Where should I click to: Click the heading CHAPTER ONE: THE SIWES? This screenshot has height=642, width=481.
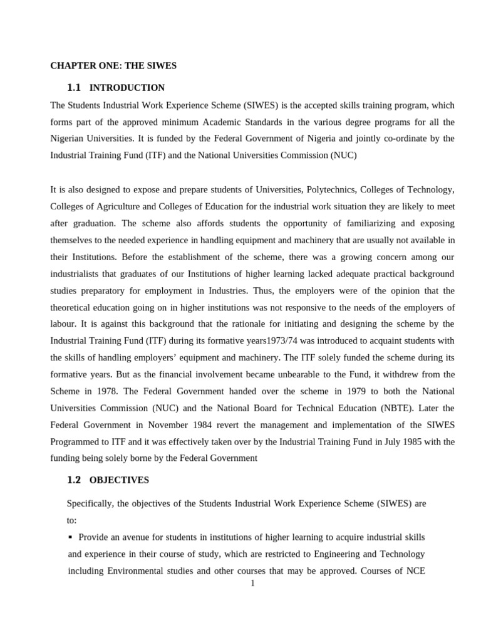(113, 65)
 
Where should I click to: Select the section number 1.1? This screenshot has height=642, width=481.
(74, 88)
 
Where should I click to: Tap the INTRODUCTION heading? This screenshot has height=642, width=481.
(127, 88)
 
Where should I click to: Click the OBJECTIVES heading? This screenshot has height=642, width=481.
(119, 480)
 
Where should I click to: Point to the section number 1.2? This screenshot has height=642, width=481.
(74, 480)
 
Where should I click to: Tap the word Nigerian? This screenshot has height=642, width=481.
(69, 139)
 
